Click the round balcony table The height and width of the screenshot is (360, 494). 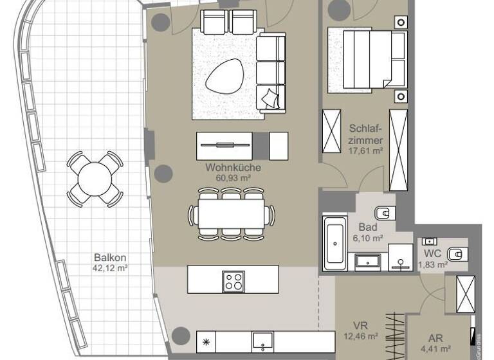95,177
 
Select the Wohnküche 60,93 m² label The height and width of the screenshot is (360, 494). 228,172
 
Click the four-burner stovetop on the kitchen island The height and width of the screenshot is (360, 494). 233,281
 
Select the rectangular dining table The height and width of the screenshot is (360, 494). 232,213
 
